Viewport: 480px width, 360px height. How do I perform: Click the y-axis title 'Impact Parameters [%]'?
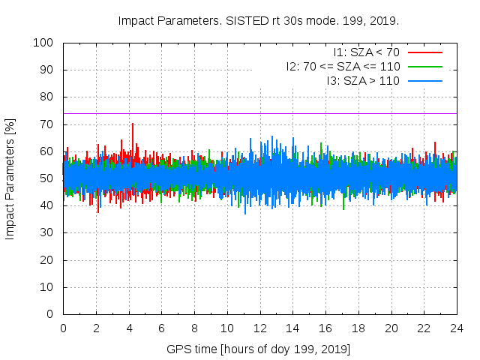click(x=10, y=178)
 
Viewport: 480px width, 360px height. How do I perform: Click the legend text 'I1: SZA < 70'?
click(x=367, y=52)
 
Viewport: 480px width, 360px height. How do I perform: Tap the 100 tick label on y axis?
click(x=46, y=43)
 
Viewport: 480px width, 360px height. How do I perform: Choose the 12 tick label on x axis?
click(x=259, y=328)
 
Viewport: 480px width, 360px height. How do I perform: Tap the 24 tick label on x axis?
click(x=457, y=328)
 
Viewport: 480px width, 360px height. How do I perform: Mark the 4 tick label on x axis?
click(x=129, y=328)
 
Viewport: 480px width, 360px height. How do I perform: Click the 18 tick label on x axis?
click(x=358, y=328)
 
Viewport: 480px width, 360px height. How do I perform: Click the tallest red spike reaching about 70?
click(x=133, y=124)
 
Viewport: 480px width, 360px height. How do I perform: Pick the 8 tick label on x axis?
click(x=194, y=328)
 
